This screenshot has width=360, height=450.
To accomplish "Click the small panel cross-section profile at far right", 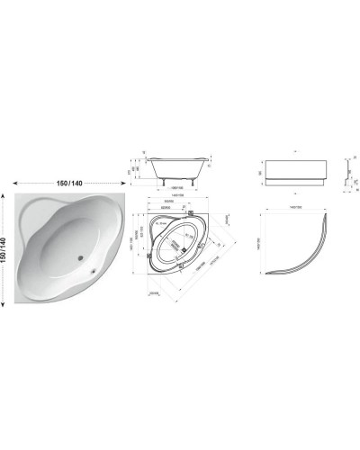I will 347,174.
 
